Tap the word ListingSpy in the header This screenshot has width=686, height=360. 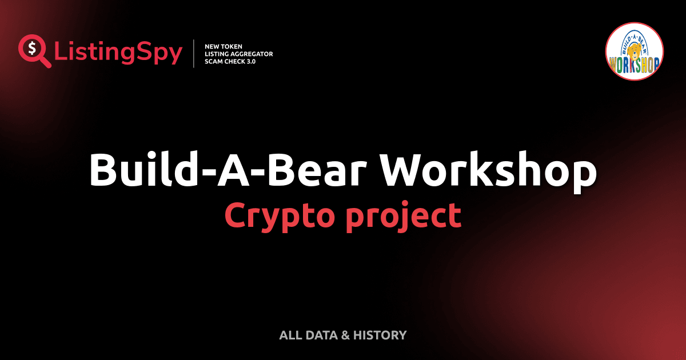click(118, 53)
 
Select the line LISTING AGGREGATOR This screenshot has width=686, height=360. click(238, 54)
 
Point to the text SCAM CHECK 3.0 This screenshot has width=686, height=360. click(230, 61)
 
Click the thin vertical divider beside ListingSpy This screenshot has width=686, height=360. click(194, 53)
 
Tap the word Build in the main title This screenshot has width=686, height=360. click(141, 170)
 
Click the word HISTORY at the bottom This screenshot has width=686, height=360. click(380, 335)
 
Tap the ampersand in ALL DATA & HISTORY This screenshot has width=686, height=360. click(345, 335)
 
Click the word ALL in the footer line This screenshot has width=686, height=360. click(290, 335)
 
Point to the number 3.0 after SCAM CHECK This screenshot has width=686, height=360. click(249, 61)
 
